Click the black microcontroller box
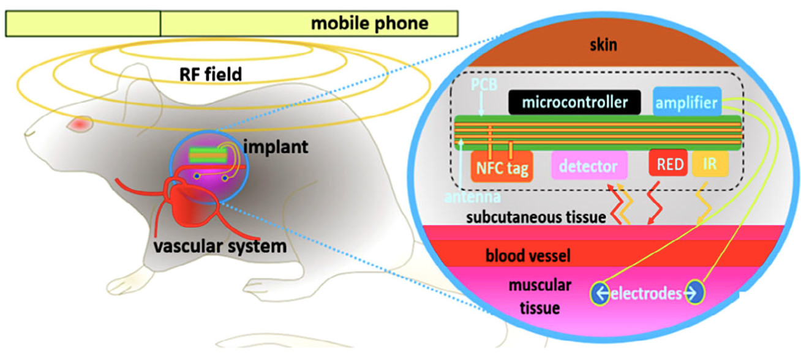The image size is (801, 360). pyautogui.click(x=574, y=102)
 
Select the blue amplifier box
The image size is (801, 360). pyautogui.click(x=686, y=103)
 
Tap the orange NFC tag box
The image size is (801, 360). pyautogui.click(x=501, y=167)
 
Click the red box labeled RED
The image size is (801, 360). pyautogui.click(x=667, y=165)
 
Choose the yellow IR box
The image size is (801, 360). pyautogui.click(x=710, y=165)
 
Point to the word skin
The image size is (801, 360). pyautogui.click(x=604, y=45)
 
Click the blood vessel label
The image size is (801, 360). pyautogui.click(x=527, y=255)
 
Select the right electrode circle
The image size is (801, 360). pyautogui.click(x=695, y=294)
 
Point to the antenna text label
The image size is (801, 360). pyautogui.click(x=475, y=197)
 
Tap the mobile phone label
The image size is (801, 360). pyautogui.click(x=369, y=24)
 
